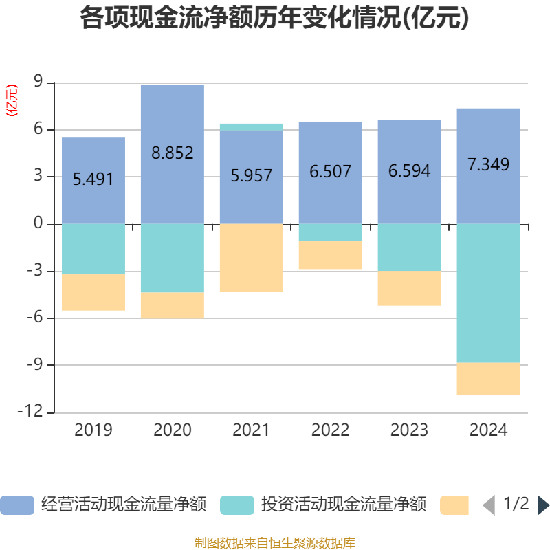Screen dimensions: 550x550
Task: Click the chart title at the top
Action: (x=274, y=19)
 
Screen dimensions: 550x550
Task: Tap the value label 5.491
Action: (x=93, y=179)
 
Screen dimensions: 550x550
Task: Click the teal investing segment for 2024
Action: (x=488, y=293)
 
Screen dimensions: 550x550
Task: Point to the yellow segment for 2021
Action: (x=251, y=258)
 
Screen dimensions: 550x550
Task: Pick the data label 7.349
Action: (x=488, y=165)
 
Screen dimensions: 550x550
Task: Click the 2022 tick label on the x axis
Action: (x=330, y=430)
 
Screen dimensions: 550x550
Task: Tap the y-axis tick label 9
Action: (x=38, y=82)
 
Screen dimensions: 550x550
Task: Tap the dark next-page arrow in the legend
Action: (x=543, y=505)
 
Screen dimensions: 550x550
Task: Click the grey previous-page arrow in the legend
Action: (x=489, y=505)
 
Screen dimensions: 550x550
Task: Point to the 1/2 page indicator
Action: (x=516, y=504)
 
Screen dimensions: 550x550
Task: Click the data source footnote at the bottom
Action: (x=274, y=543)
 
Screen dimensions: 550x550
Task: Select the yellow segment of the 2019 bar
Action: (x=93, y=293)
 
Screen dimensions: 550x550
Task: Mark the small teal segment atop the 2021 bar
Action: (x=251, y=126)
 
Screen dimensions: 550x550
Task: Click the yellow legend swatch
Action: (x=454, y=505)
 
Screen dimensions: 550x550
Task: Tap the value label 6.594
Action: (x=409, y=170)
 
